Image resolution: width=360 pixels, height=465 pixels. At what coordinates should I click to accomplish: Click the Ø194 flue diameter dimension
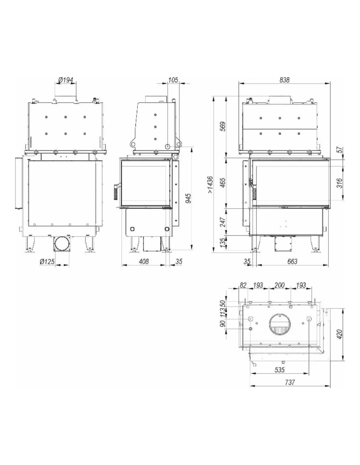[x=66, y=80]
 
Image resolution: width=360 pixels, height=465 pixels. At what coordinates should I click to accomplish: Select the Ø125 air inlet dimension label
[x=47, y=262]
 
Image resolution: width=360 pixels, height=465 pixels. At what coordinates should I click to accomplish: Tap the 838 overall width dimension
[x=284, y=80]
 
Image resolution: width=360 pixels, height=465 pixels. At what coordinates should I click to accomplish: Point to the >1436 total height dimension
[x=210, y=185]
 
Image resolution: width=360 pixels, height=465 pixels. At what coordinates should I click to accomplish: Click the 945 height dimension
[x=188, y=198]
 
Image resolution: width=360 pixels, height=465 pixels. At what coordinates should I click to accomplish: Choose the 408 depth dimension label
[x=143, y=261]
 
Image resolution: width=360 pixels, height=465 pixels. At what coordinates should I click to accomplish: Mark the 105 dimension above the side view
[x=173, y=80]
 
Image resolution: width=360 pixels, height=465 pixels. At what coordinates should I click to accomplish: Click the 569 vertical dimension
[x=223, y=127]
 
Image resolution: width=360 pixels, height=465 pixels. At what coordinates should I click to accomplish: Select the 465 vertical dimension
[x=223, y=183]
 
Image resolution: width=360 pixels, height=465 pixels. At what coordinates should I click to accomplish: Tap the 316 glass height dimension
[x=340, y=183]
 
